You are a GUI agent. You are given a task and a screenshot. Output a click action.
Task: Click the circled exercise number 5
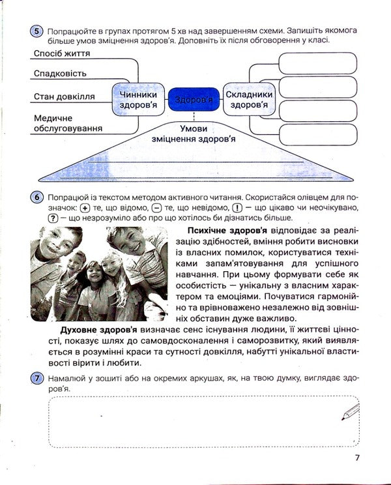pyautogui.click(x=37, y=31)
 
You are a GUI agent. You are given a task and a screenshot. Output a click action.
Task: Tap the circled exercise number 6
pyautogui.click(x=37, y=196)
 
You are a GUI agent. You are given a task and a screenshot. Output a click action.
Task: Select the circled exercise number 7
pyautogui.click(x=37, y=379)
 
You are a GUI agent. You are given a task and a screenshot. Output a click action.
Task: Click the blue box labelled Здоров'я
pyautogui.click(x=193, y=100)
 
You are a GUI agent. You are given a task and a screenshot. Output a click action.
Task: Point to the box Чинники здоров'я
pyautogui.click(x=138, y=99)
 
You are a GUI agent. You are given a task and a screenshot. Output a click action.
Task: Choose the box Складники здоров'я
pyautogui.click(x=250, y=99)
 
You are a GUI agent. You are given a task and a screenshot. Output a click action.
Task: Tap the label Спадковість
pyautogui.click(x=60, y=74)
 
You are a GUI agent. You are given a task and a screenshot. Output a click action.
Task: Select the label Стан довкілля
pyautogui.click(x=64, y=96)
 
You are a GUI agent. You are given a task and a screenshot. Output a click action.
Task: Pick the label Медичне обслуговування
pyautogui.click(x=68, y=124)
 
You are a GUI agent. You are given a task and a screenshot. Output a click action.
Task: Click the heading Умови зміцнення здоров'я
pyautogui.click(x=193, y=133)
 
